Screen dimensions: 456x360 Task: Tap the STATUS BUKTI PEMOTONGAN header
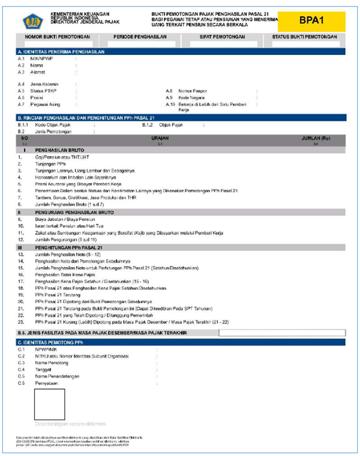pyautogui.click(x=304, y=37)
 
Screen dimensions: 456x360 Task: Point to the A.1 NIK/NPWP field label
pyautogui.click(x=40, y=59)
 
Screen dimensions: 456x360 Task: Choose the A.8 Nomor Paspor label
pyautogui.click(x=190, y=90)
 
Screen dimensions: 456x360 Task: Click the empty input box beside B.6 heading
pyautogui.click(x=281, y=332)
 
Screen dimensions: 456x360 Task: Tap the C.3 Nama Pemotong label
pyautogui.click(x=52, y=362)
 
